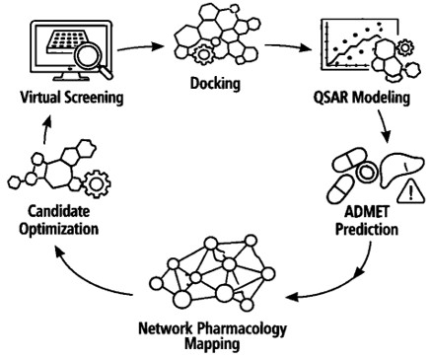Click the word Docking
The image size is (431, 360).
[x=215, y=84]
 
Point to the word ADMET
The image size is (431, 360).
[x=367, y=212]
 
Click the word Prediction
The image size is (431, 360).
[x=367, y=229]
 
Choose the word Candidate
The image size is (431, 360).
[x=59, y=211]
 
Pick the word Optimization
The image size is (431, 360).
[x=59, y=229]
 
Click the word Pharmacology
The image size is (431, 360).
[x=242, y=328]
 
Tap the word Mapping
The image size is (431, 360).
[x=212, y=344]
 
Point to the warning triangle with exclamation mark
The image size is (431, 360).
[x=410, y=191]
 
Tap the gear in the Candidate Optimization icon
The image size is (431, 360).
[x=97, y=183]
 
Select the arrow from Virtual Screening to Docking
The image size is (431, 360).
[x=140, y=47]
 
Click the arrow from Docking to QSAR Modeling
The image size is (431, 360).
[x=288, y=46]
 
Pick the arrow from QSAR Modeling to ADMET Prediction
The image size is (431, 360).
[x=384, y=126]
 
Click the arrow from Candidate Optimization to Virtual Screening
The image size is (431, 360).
[x=46, y=129]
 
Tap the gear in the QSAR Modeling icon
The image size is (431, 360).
[x=405, y=47]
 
